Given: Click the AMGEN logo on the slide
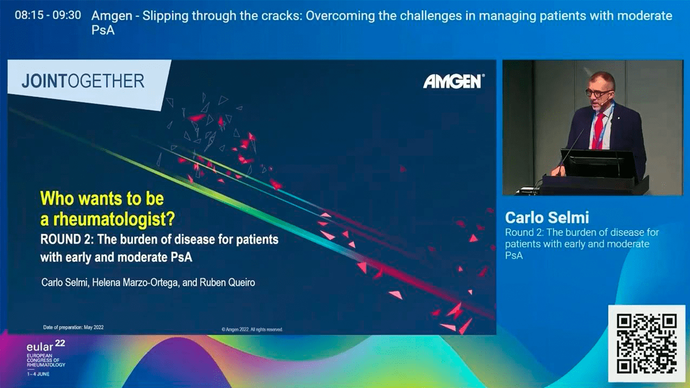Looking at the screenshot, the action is tap(453, 81).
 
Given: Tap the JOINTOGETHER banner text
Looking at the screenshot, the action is tap(83, 81).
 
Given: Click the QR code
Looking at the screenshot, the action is tap(646, 343).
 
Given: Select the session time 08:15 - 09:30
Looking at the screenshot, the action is tap(48, 15).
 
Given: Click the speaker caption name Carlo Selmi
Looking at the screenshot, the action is tap(547, 218).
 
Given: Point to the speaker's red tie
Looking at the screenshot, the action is tap(598, 129).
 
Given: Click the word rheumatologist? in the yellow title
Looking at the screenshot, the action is tap(114, 219).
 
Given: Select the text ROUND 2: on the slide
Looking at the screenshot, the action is tap(67, 240).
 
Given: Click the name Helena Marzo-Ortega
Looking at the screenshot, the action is tap(135, 283).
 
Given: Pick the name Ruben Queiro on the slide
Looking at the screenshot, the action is tap(227, 282).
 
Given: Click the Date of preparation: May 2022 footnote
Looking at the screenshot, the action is tap(73, 327).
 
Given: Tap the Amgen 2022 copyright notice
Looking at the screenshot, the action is tap(252, 329).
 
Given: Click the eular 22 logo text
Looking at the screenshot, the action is tap(46, 346).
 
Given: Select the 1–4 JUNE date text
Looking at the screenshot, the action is tap(38, 374).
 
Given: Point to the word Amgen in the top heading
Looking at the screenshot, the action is tap(112, 16).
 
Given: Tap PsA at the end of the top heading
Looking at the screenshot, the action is tap(103, 31).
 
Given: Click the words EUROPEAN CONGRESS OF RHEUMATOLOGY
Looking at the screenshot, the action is tap(46, 361).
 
